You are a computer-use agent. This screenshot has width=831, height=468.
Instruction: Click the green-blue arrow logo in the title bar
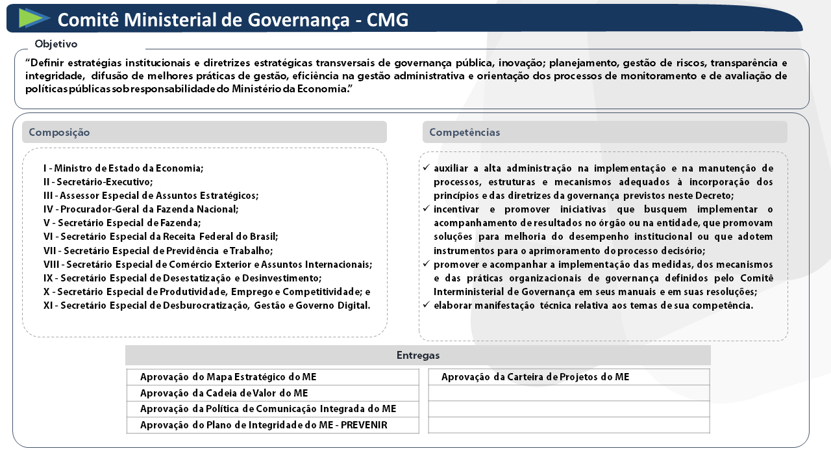(x=34, y=18)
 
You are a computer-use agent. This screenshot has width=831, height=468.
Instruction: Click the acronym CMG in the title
(x=388, y=20)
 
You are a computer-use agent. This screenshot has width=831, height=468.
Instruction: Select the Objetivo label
(x=56, y=44)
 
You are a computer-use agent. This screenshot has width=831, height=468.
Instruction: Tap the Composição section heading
(x=60, y=133)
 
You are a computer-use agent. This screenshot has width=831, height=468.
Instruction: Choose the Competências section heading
(x=465, y=133)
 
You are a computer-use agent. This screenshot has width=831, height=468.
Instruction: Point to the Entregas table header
(x=418, y=356)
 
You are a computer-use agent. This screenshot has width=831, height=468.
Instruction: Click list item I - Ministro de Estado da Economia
(x=123, y=168)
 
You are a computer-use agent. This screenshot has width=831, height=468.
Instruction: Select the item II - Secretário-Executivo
(x=98, y=182)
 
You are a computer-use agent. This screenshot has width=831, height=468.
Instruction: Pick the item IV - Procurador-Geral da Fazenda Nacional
(x=141, y=209)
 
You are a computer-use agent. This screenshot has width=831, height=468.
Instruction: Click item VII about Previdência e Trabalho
(x=158, y=250)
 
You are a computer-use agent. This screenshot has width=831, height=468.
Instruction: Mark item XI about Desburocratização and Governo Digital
(x=206, y=305)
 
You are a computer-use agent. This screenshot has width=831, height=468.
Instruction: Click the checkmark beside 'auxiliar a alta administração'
(x=426, y=168)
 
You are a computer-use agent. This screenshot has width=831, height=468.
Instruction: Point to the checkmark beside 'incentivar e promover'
(x=426, y=209)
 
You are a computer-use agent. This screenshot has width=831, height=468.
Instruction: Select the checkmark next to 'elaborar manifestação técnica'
(x=426, y=305)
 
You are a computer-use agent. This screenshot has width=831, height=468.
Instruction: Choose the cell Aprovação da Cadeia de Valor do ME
(x=224, y=393)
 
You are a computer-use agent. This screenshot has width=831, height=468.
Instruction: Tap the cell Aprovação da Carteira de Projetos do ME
(x=536, y=377)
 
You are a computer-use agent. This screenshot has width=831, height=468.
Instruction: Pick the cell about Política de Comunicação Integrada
(x=267, y=409)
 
